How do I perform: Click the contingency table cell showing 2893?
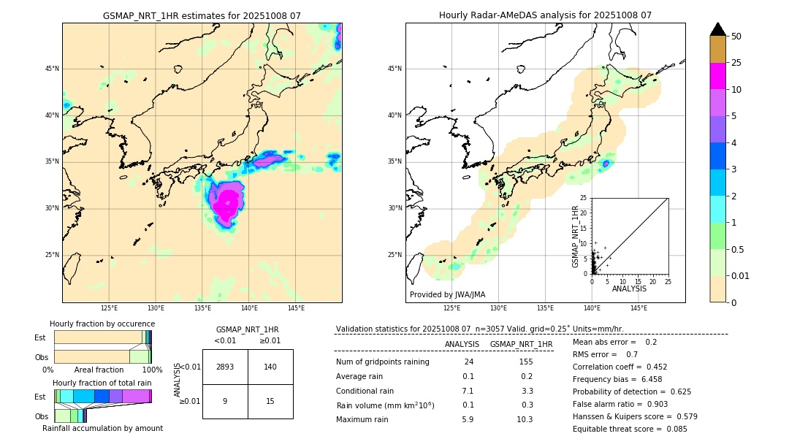[225, 367]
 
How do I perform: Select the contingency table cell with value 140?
[270, 367]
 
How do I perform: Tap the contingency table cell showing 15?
[270, 401]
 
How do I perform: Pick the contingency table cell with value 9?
[225, 401]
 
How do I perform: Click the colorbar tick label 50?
[736, 37]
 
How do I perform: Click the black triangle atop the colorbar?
[718, 29]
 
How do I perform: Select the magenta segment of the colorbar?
[718, 76]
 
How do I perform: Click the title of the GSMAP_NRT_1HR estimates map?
[202, 15]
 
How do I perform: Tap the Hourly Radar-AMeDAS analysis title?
[545, 15]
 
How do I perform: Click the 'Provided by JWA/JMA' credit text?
[447, 294]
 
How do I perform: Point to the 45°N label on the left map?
[51, 69]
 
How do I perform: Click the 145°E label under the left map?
[296, 309]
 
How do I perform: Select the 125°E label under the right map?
[452, 309]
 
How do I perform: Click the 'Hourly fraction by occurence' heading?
[102, 324]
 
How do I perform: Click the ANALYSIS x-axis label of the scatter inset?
[629, 289]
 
